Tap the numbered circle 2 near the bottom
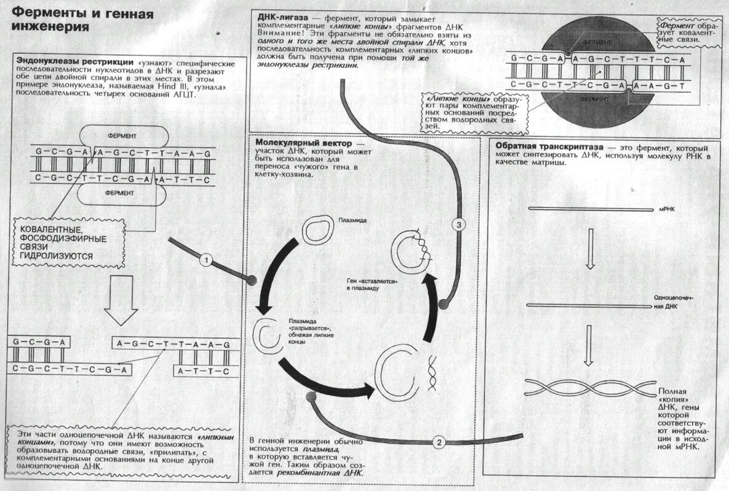tap(439, 442)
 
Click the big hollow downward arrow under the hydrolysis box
tap(121, 300)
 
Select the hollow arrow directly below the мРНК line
tap(589, 248)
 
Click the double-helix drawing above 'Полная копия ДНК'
tap(589, 387)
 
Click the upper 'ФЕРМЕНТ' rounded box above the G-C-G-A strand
tap(122, 135)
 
